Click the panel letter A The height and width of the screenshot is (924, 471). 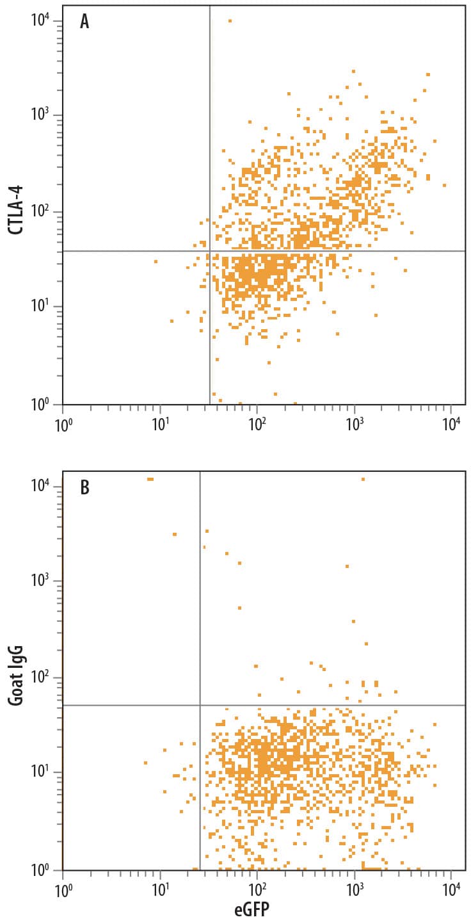tap(84, 22)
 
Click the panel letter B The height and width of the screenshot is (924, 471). tap(84, 487)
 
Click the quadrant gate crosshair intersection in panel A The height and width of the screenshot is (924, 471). tap(210, 251)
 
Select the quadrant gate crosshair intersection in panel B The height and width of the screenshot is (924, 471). tap(200, 705)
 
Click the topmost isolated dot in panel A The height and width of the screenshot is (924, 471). tap(230, 20)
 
